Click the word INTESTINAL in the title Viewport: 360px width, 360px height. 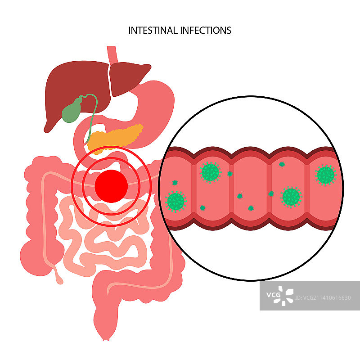pyautogui.click(x=153, y=30)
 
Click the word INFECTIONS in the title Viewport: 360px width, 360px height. pyautogui.click(x=206, y=30)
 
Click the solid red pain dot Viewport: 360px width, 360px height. pyautogui.click(x=111, y=185)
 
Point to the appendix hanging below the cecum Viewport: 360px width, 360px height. pyautogui.click(x=58, y=274)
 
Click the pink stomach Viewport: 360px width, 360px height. pyautogui.click(x=155, y=108)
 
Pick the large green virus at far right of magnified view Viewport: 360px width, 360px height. pyautogui.click(x=325, y=175)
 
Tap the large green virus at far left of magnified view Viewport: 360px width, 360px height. pyautogui.click(x=175, y=201)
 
